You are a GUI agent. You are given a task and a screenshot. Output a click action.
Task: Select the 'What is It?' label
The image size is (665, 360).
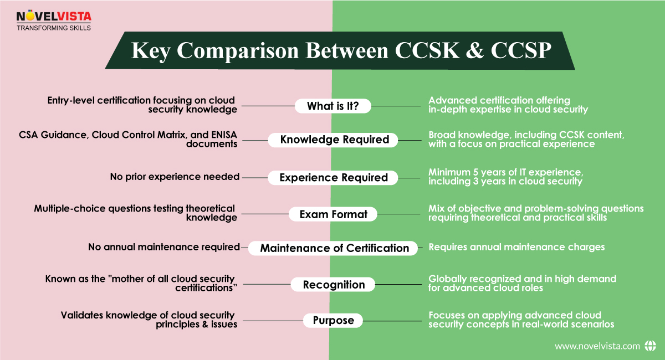point(332,106)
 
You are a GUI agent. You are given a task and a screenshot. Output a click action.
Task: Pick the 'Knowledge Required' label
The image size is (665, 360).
point(334,140)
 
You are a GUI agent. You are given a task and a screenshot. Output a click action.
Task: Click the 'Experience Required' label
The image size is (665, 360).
point(333,178)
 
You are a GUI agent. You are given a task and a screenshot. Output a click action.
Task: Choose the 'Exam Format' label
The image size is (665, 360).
point(334,214)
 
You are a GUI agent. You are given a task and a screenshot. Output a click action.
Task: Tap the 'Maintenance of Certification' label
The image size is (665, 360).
point(335,248)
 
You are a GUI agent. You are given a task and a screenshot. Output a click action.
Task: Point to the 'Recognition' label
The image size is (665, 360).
point(334,285)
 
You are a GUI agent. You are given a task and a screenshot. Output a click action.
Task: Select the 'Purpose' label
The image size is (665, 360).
point(333,320)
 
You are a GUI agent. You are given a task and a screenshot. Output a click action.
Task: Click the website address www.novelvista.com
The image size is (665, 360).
point(597,346)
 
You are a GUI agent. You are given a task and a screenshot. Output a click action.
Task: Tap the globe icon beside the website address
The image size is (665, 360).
point(651,346)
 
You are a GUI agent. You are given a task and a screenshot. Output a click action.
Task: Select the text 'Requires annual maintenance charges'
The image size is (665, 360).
point(516,247)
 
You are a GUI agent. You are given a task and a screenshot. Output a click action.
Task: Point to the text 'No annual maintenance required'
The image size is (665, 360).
point(163,247)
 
